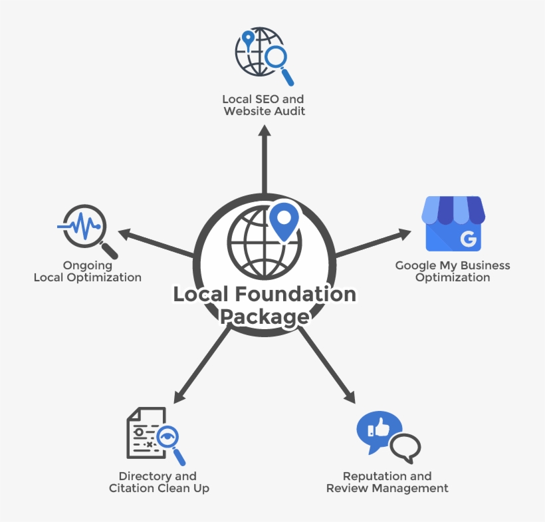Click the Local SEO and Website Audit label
tap(265, 105)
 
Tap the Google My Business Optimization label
tap(453, 271)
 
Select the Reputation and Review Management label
tap(387, 482)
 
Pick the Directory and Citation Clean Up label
tap(158, 482)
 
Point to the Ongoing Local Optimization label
tap(88, 271)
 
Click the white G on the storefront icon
tap(469, 239)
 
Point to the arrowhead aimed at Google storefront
tap(403, 233)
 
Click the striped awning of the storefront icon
tap(453, 209)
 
